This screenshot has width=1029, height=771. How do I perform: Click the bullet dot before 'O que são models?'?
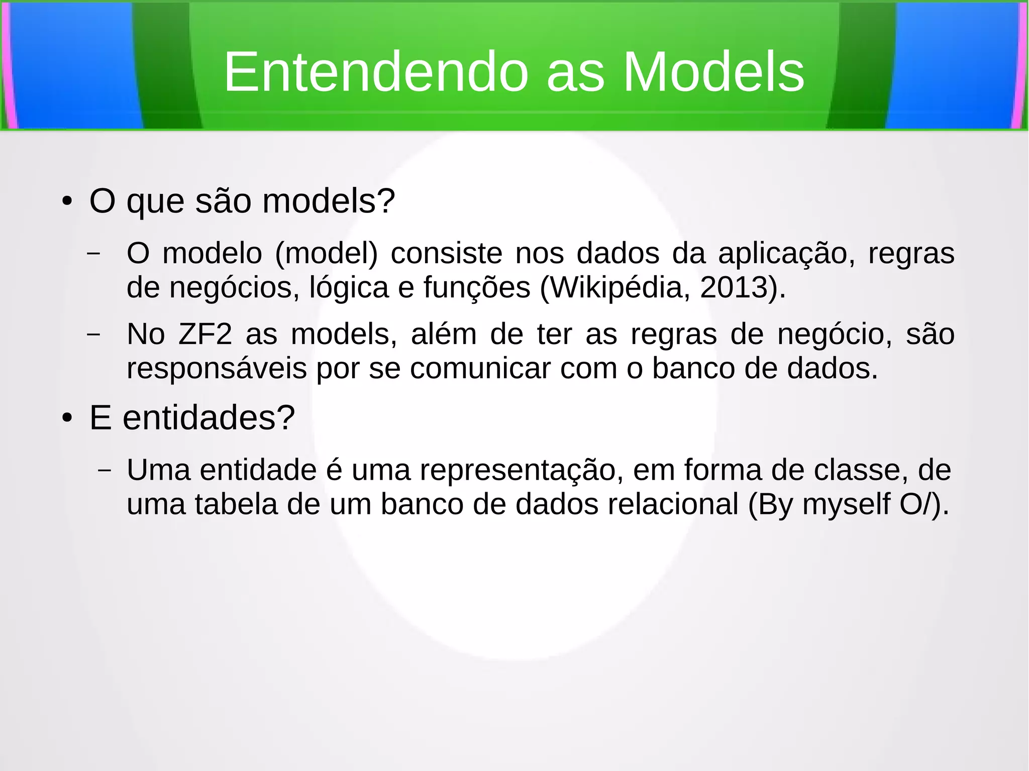(x=67, y=202)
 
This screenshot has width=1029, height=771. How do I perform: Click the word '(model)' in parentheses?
(x=326, y=253)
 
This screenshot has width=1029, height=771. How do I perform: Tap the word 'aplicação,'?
(x=786, y=253)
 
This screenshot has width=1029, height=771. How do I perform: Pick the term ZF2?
(x=205, y=334)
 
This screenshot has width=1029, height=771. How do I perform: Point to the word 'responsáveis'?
(x=217, y=369)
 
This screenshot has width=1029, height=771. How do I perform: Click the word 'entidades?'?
(x=209, y=418)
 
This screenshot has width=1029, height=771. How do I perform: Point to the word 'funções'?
(x=477, y=287)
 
